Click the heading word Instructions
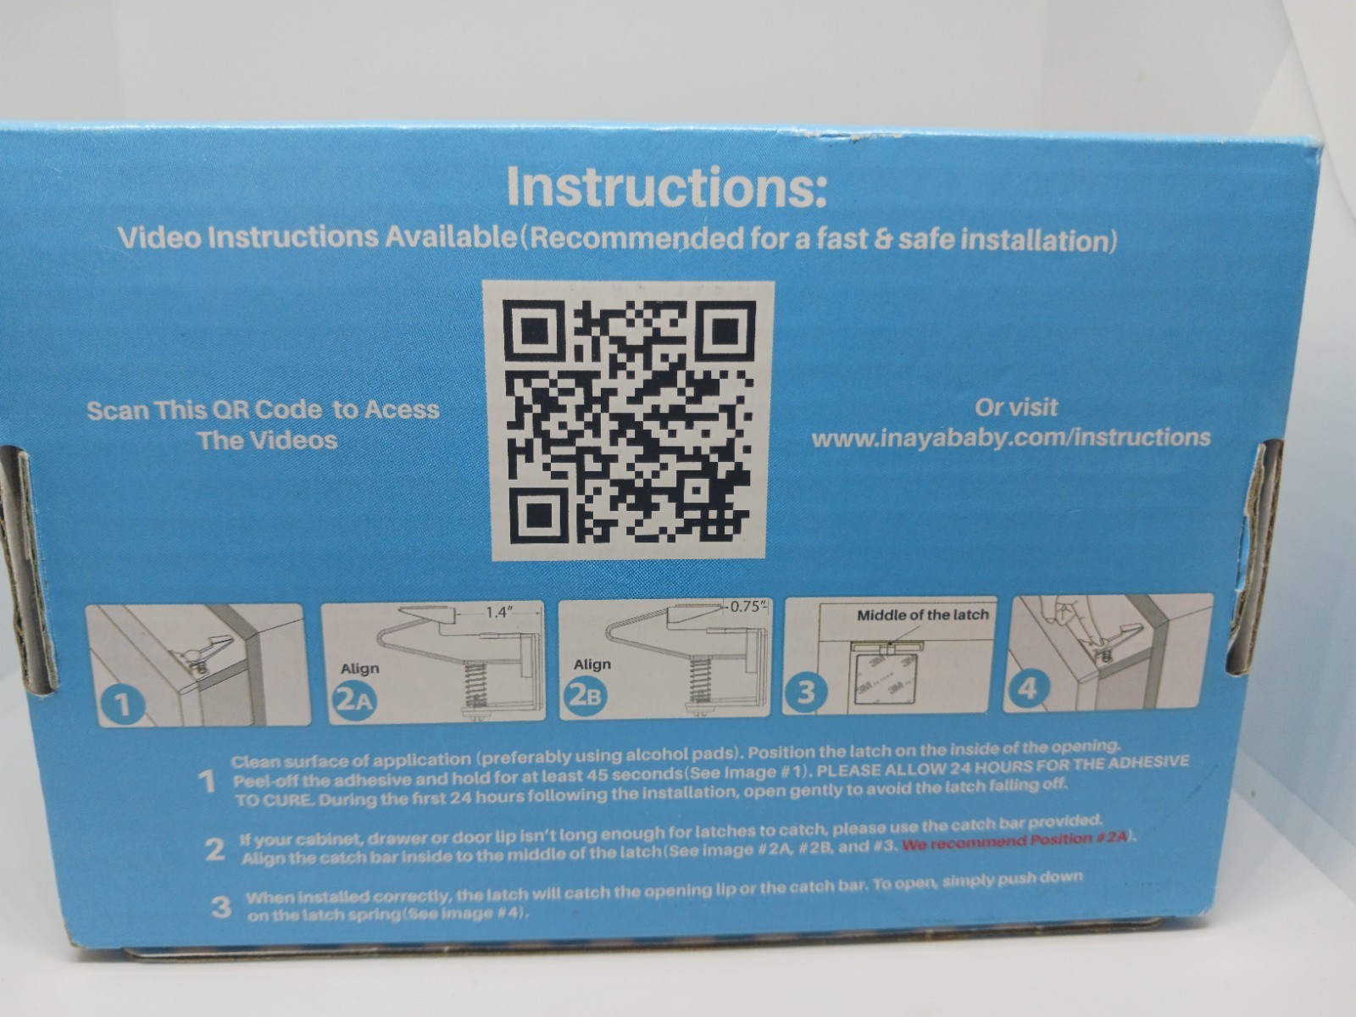(665, 186)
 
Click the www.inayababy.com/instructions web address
(1011, 438)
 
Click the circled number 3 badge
(805, 692)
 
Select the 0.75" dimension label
(747, 606)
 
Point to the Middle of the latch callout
(922, 615)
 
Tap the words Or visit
(1015, 407)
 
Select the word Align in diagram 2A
(360, 669)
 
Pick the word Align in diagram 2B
(592, 664)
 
